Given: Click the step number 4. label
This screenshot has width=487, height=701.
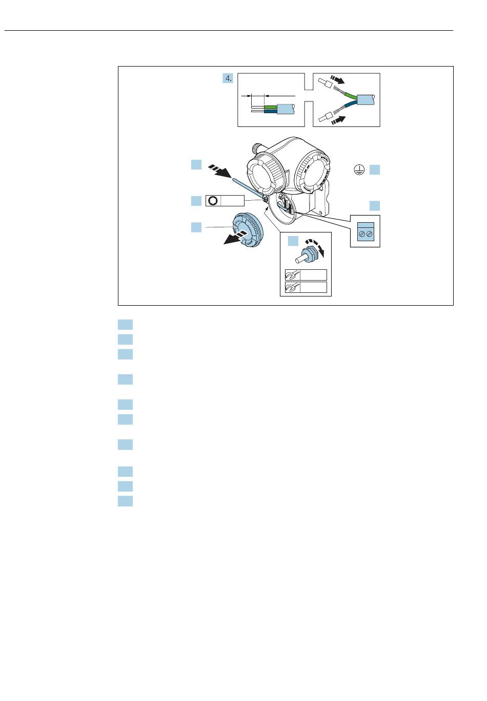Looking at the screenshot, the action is tap(228, 78).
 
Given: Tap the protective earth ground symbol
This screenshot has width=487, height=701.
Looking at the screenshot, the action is tap(359, 169).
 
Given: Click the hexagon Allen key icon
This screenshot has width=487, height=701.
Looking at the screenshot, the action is tap(213, 201).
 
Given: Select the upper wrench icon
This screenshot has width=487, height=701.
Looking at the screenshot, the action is tap(292, 275).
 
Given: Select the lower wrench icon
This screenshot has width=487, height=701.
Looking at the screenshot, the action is tap(292, 287).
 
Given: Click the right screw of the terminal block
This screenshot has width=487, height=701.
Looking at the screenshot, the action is tap(369, 234).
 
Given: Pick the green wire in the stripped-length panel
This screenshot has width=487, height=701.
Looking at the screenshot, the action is tap(271, 108).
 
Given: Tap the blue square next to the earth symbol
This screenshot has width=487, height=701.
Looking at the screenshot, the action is tap(375, 169).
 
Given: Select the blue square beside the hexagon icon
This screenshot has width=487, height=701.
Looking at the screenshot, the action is tap(196, 201).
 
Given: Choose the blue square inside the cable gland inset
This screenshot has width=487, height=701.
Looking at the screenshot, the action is tap(293, 241).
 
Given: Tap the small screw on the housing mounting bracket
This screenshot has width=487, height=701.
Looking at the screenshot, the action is tap(320, 213).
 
